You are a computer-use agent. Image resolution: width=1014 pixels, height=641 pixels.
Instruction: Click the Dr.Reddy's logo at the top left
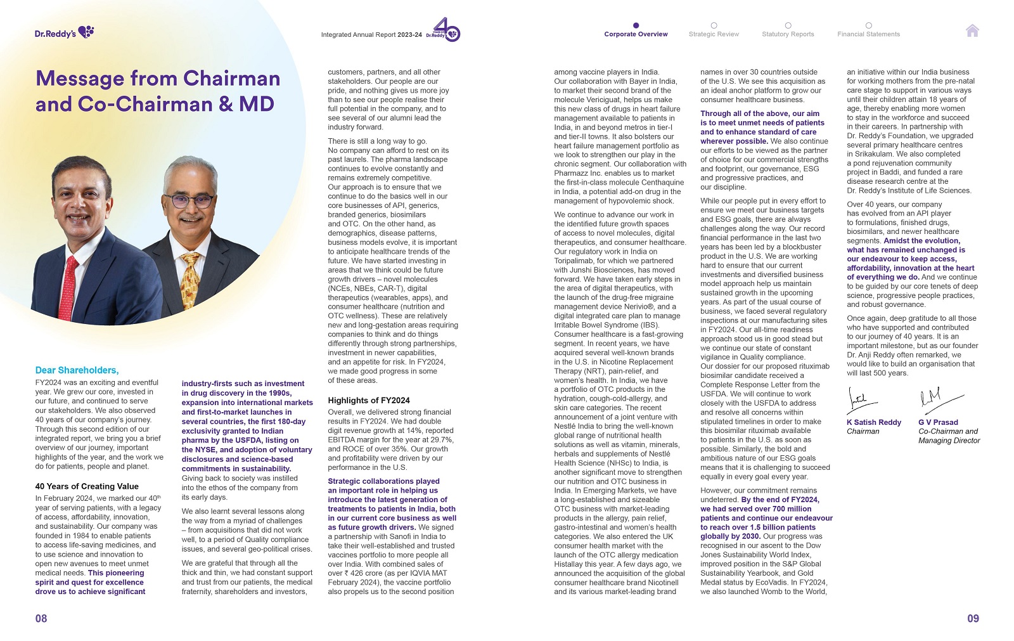point(64,32)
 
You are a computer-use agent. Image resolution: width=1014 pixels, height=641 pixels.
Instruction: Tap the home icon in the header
point(972,30)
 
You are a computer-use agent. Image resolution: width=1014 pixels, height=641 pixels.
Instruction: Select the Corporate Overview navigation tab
point(636,34)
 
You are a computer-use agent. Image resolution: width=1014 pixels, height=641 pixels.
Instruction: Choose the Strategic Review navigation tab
point(714,34)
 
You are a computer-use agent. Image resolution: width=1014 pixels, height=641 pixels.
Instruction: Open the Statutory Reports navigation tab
point(788,34)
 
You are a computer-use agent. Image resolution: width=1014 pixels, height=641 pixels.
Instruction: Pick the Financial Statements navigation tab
point(868,34)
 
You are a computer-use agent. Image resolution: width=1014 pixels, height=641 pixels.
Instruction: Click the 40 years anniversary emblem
point(447,30)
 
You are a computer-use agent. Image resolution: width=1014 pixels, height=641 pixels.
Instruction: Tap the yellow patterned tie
point(191,280)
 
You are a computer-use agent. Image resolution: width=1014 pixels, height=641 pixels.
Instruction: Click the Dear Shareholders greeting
point(77,370)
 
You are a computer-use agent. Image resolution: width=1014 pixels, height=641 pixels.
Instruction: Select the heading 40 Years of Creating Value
point(87,486)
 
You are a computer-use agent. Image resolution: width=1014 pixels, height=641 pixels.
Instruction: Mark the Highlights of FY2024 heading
point(368,400)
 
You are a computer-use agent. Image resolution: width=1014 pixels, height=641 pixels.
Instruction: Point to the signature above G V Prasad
point(938,398)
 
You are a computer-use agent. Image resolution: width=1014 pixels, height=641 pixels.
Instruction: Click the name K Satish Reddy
point(873,422)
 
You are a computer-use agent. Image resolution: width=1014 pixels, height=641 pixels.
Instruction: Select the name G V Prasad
point(938,422)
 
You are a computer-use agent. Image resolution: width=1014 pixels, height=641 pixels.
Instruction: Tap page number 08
point(41,618)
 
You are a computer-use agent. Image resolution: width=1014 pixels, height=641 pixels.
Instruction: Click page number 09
point(973,618)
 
